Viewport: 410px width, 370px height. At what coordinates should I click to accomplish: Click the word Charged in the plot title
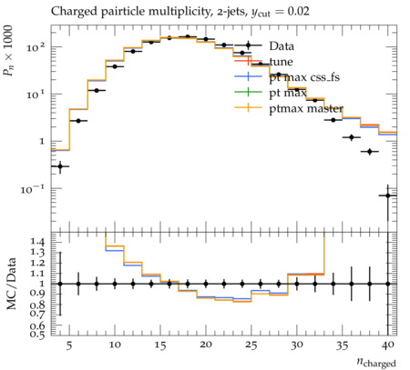point(69,12)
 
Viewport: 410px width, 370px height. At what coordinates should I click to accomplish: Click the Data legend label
point(282,46)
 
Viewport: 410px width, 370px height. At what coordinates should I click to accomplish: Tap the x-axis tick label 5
point(69,345)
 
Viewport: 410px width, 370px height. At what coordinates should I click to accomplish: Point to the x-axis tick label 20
point(206,345)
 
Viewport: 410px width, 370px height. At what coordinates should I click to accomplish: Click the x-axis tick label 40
point(388,345)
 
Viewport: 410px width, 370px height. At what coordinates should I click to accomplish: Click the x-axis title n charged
point(376,362)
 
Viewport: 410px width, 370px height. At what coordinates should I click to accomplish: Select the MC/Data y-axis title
point(11,284)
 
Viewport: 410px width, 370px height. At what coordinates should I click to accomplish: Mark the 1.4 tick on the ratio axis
point(37,242)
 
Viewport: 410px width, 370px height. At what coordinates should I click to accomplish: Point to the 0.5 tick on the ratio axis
point(37,334)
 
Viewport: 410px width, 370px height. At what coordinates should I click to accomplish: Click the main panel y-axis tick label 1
point(42,141)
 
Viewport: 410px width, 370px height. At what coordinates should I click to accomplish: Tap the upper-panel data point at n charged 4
point(60,166)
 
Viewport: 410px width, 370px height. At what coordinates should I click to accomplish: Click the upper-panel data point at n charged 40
point(388,195)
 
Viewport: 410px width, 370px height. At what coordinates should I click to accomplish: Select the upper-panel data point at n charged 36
point(352,137)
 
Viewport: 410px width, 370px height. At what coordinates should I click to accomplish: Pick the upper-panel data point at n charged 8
point(97,90)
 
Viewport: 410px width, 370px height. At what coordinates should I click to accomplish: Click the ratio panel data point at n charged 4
point(60,284)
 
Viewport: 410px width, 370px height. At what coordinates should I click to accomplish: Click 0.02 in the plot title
point(298,12)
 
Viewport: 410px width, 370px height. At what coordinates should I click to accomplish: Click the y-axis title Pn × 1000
point(8,51)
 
